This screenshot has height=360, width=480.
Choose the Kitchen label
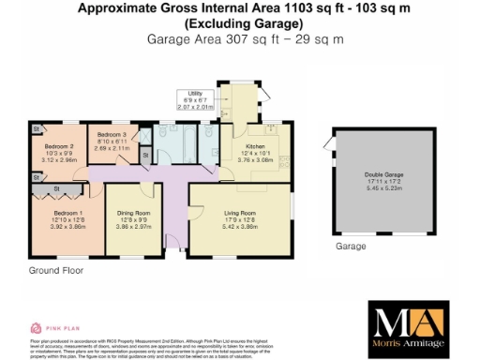click(x=256, y=146)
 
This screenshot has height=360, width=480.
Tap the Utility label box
click(x=195, y=94)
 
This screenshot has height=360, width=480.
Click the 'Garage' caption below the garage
click(x=351, y=247)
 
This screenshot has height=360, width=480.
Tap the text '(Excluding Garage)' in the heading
click(x=239, y=23)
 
